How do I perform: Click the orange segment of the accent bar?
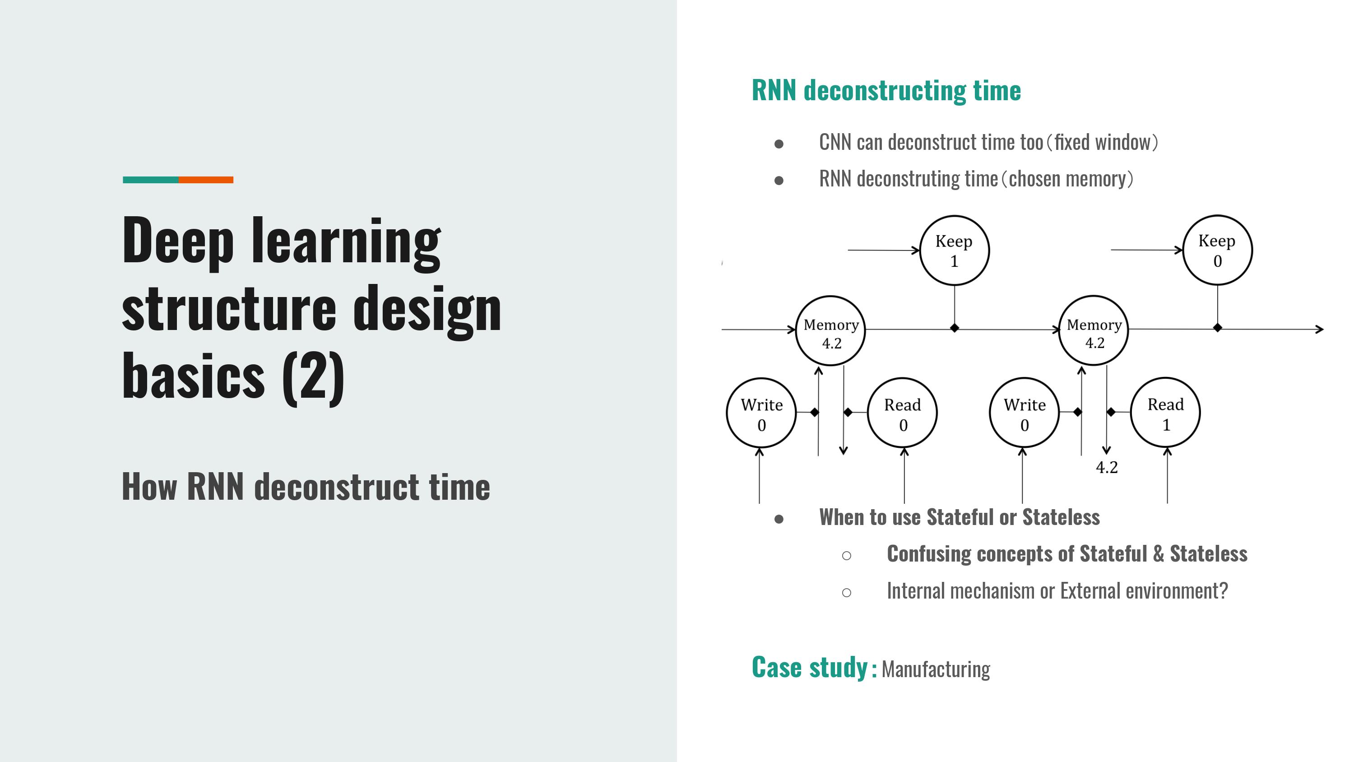206,180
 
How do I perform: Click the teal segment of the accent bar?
151,180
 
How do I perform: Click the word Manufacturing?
936,669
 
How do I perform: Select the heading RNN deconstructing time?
886,90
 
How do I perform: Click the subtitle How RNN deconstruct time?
306,487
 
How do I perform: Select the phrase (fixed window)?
1102,142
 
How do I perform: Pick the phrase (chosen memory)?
1067,179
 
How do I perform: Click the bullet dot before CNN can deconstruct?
779,144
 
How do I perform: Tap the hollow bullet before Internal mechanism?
846,593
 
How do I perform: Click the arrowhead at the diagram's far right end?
1319,329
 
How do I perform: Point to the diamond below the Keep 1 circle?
955,328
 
